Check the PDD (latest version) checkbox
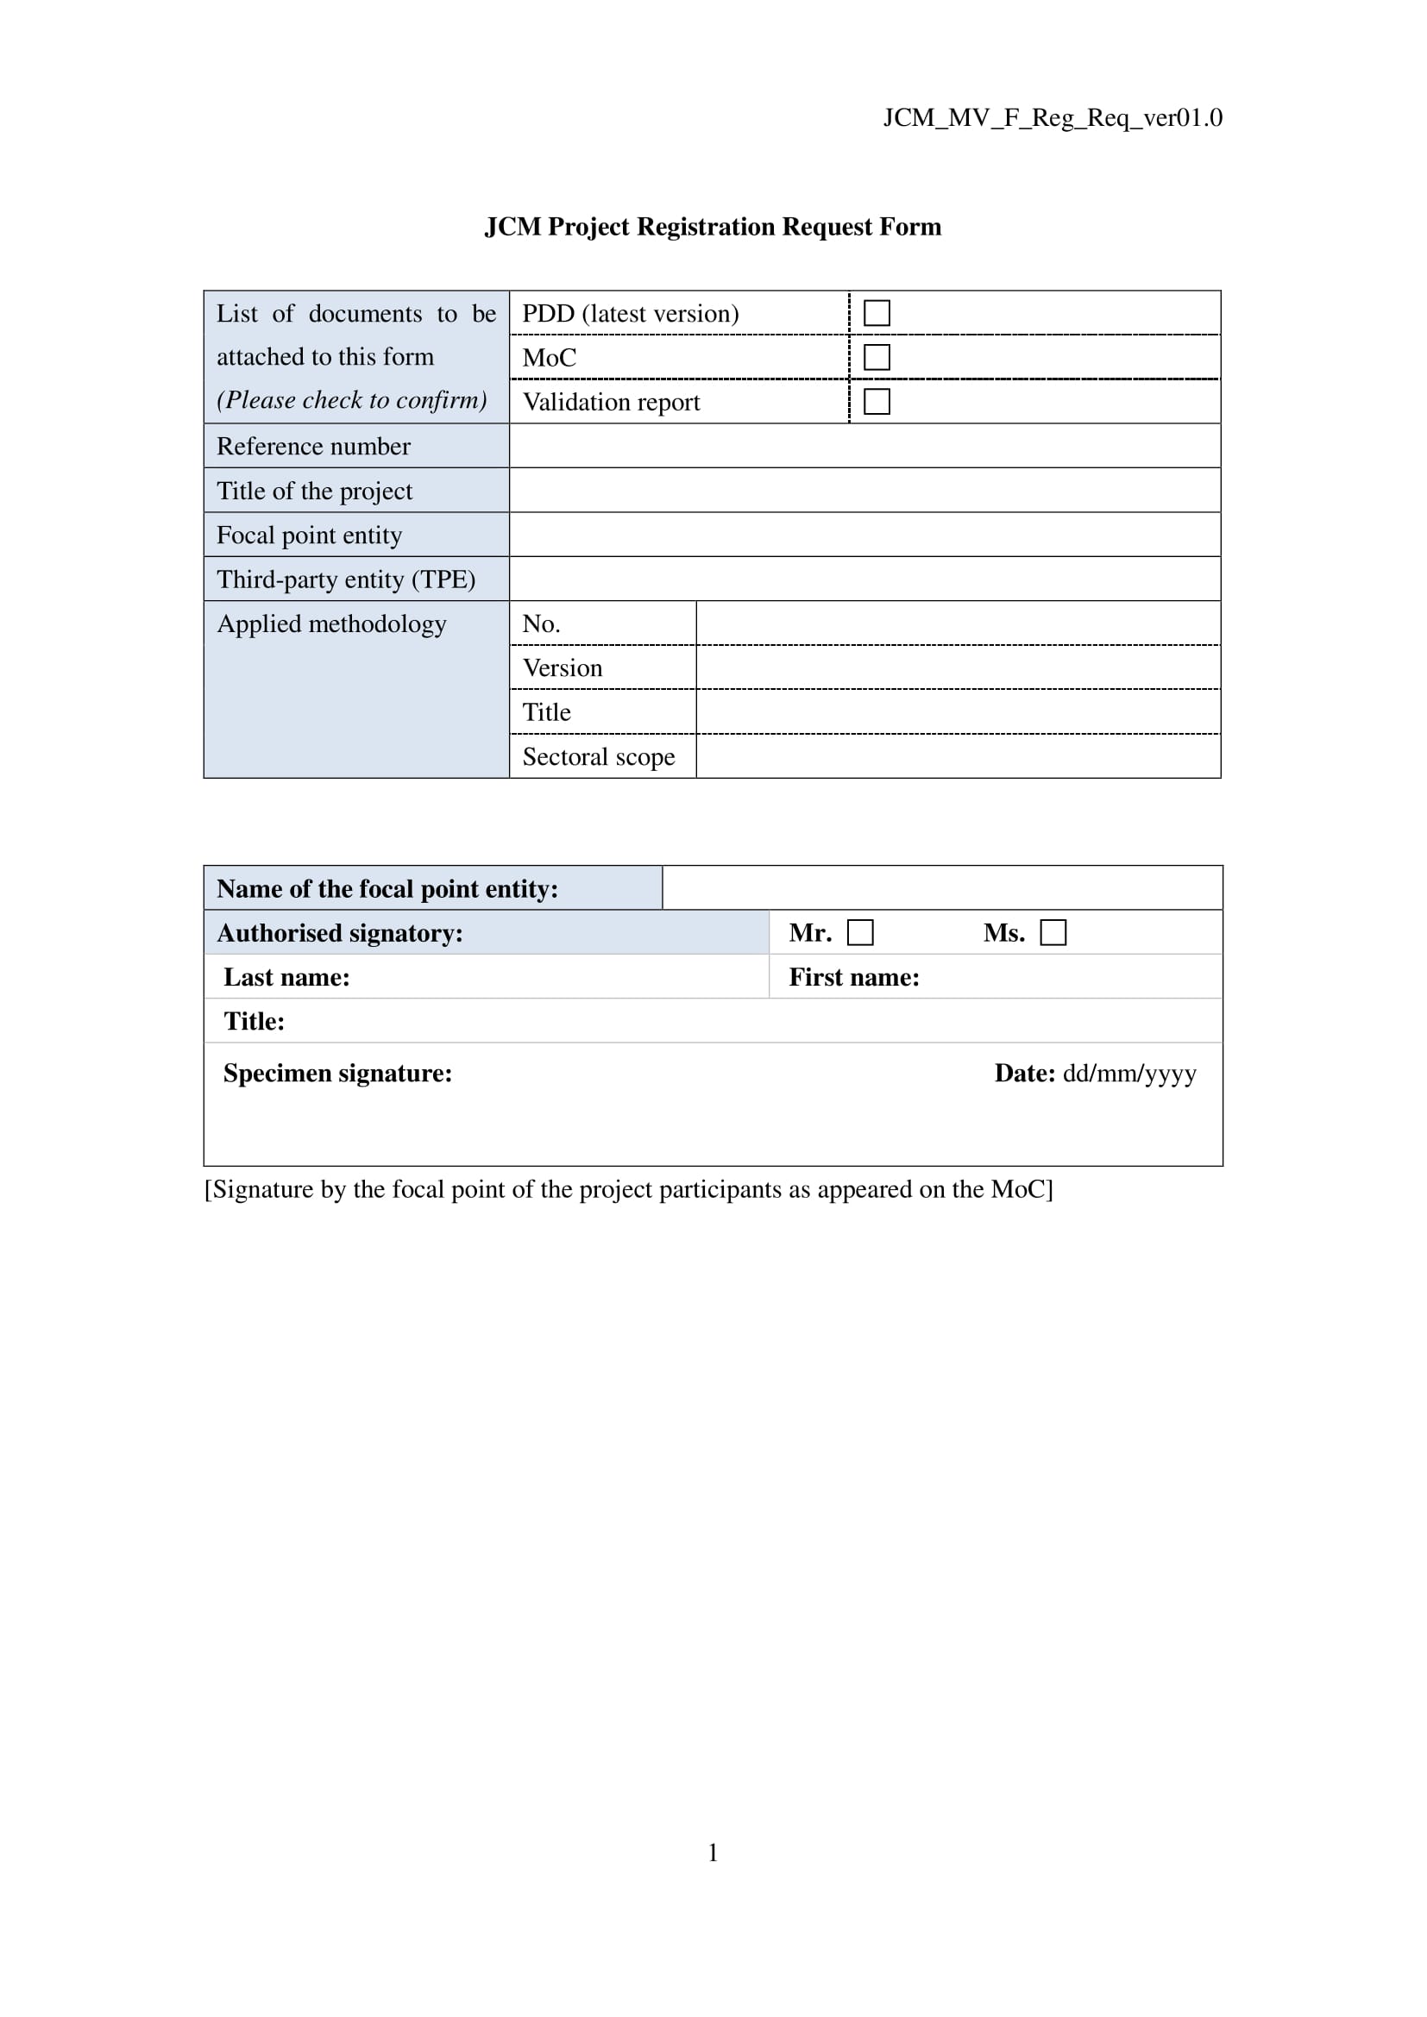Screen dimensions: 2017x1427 [877, 313]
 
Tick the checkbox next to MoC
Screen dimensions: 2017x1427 [877, 358]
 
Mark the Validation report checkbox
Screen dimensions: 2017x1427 [877, 402]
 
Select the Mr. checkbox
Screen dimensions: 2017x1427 [860, 932]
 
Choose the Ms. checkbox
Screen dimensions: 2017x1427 [1053, 932]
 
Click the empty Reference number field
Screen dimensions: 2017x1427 [864, 447]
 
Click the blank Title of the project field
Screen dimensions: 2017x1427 [864, 490]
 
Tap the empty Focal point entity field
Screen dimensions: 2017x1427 [864, 535]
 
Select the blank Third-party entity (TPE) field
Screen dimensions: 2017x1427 [864, 579]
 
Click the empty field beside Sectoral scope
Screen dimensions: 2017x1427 [958, 756]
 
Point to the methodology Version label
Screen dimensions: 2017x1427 [563, 668]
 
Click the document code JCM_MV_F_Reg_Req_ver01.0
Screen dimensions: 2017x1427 [1052, 118]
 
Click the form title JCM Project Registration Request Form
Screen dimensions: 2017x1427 [713, 227]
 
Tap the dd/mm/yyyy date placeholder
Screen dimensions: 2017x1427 [1129, 1074]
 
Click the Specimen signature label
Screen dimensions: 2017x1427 [337, 1074]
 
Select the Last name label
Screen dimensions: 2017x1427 [286, 978]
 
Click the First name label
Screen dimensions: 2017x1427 [853, 978]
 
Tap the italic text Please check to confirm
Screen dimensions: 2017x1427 [351, 401]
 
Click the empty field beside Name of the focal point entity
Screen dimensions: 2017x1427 [942, 888]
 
